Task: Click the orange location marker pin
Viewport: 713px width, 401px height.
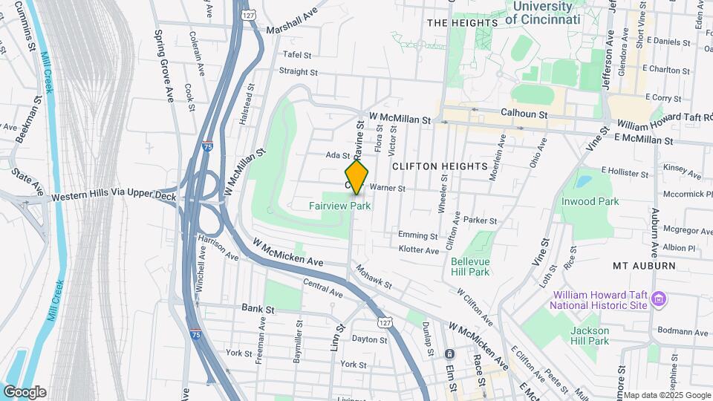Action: (x=357, y=177)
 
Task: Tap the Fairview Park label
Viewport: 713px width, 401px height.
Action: (x=339, y=206)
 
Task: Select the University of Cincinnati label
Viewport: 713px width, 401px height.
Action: (x=543, y=13)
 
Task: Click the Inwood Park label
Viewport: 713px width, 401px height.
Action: (x=590, y=201)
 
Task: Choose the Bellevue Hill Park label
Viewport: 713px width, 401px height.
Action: (x=470, y=266)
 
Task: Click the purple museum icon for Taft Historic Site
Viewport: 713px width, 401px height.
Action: (x=658, y=300)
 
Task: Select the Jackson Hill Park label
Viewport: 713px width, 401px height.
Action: (x=590, y=336)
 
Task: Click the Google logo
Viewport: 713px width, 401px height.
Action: (x=25, y=391)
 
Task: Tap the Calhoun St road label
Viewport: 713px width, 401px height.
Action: (x=524, y=115)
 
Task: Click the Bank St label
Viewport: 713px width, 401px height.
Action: (x=258, y=308)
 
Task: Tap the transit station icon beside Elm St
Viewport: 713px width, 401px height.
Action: (x=449, y=353)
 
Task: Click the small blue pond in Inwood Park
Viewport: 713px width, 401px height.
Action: (x=583, y=181)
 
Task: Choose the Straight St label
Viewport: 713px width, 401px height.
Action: (x=298, y=72)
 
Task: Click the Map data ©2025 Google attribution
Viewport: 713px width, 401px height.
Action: (x=666, y=395)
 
